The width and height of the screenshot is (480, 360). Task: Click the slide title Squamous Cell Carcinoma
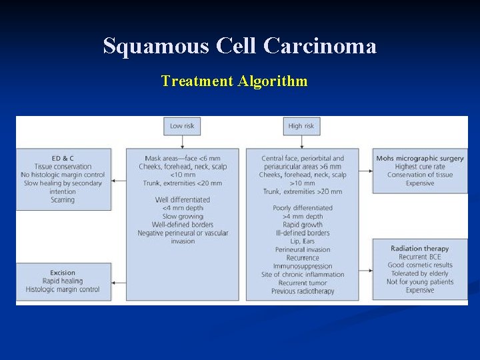tap(239, 46)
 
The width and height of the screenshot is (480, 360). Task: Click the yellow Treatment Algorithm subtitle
tap(234, 81)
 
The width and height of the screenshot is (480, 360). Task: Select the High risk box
tap(301, 126)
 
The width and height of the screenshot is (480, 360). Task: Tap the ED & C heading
tap(63, 158)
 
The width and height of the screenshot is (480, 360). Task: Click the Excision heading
tap(63, 273)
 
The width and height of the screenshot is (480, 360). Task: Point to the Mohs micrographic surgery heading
tap(420, 158)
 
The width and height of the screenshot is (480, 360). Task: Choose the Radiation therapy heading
tap(420, 249)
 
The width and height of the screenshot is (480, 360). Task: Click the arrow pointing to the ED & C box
tap(119, 180)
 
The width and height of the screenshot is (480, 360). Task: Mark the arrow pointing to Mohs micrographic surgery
tap(365, 171)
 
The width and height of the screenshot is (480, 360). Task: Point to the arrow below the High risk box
tap(301, 141)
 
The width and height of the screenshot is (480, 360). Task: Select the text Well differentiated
tap(182, 199)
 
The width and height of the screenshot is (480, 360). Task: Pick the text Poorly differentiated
tap(302, 208)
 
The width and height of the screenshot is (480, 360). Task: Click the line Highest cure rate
tap(420, 167)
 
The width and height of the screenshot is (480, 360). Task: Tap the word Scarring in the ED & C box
tap(63, 199)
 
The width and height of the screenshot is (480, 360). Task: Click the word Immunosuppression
tap(302, 266)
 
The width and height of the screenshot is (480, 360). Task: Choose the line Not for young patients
tap(420, 281)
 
